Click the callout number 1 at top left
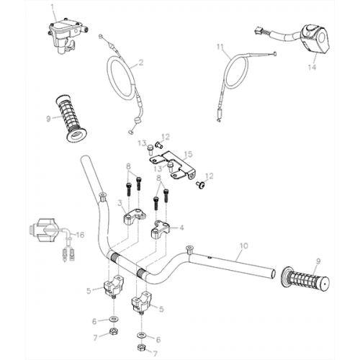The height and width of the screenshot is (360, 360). [51, 6]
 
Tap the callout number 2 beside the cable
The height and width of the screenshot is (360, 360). [140, 63]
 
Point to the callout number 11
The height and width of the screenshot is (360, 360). [220, 48]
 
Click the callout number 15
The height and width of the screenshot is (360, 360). [189, 154]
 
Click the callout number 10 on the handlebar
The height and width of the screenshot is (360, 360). [243, 247]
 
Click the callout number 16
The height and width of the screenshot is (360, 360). [80, 235]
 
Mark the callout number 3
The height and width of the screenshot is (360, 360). [120, 204]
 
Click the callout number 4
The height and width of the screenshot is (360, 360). [181, 228]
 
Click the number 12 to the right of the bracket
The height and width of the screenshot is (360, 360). [210, 175]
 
